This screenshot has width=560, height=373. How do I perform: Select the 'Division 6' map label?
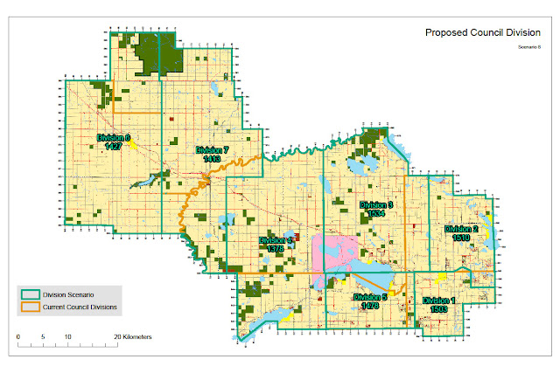(x=114, y=137)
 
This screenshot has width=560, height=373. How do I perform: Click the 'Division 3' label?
(x=377, y=204)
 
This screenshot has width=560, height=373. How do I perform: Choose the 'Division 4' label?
(x=276, y=239)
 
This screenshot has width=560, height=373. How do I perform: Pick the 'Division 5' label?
(x=370, y=297)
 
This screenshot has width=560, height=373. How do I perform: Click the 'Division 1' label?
(x=439, y=300)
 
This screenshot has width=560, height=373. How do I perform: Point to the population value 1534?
(x=377, y=213)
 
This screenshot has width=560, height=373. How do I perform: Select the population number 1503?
(x=439, y=308)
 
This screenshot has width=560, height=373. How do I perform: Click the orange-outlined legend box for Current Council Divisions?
(x=33, y=307)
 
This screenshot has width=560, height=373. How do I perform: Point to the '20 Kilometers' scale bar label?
(x=131, y=336)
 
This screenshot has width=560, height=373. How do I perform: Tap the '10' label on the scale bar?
(x=66, y=336)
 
